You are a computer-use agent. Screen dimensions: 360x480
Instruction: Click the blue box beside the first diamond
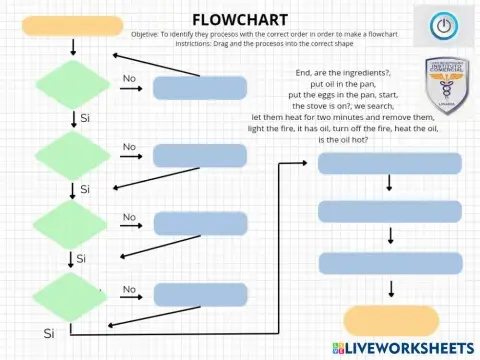197,87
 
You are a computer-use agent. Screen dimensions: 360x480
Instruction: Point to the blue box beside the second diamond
197,155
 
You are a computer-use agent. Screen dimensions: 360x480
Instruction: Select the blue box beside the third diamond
197,224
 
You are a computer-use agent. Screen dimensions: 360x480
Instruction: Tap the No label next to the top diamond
129,78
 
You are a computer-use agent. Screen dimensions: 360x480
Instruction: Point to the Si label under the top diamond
85,118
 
